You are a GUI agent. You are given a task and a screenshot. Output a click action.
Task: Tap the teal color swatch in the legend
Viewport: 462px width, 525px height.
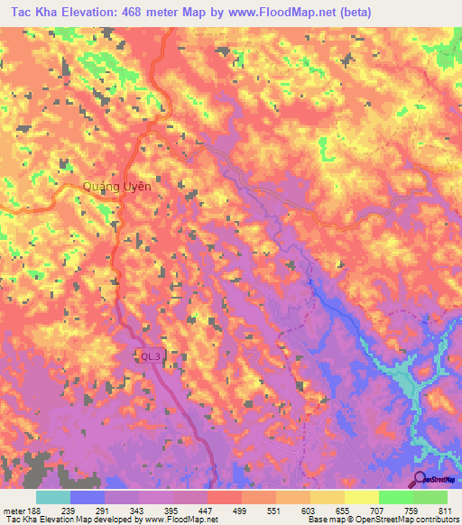(53, 497)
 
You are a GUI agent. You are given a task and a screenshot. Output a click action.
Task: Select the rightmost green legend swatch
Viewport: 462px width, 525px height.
(430, 497)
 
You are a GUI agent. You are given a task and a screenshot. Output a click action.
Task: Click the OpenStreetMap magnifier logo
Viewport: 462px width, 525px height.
(420, 479)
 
